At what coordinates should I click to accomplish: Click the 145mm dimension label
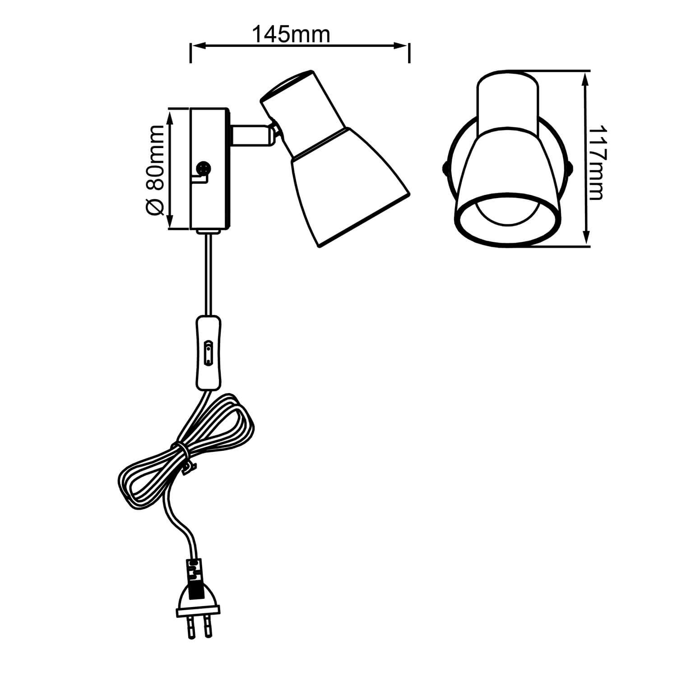coord(291,34)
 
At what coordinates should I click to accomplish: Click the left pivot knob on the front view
coord(444,168)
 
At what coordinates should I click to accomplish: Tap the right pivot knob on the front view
coord(570,168)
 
